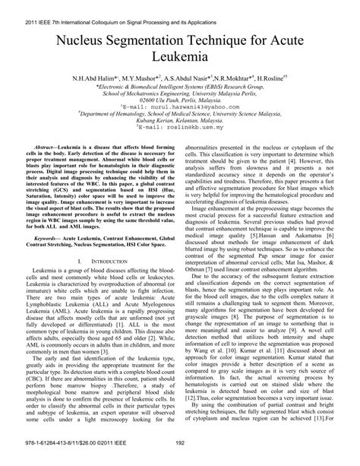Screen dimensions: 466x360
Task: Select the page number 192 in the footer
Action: (x=180, y=458)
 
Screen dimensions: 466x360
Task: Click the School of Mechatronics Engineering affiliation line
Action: (x=180, y=94)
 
